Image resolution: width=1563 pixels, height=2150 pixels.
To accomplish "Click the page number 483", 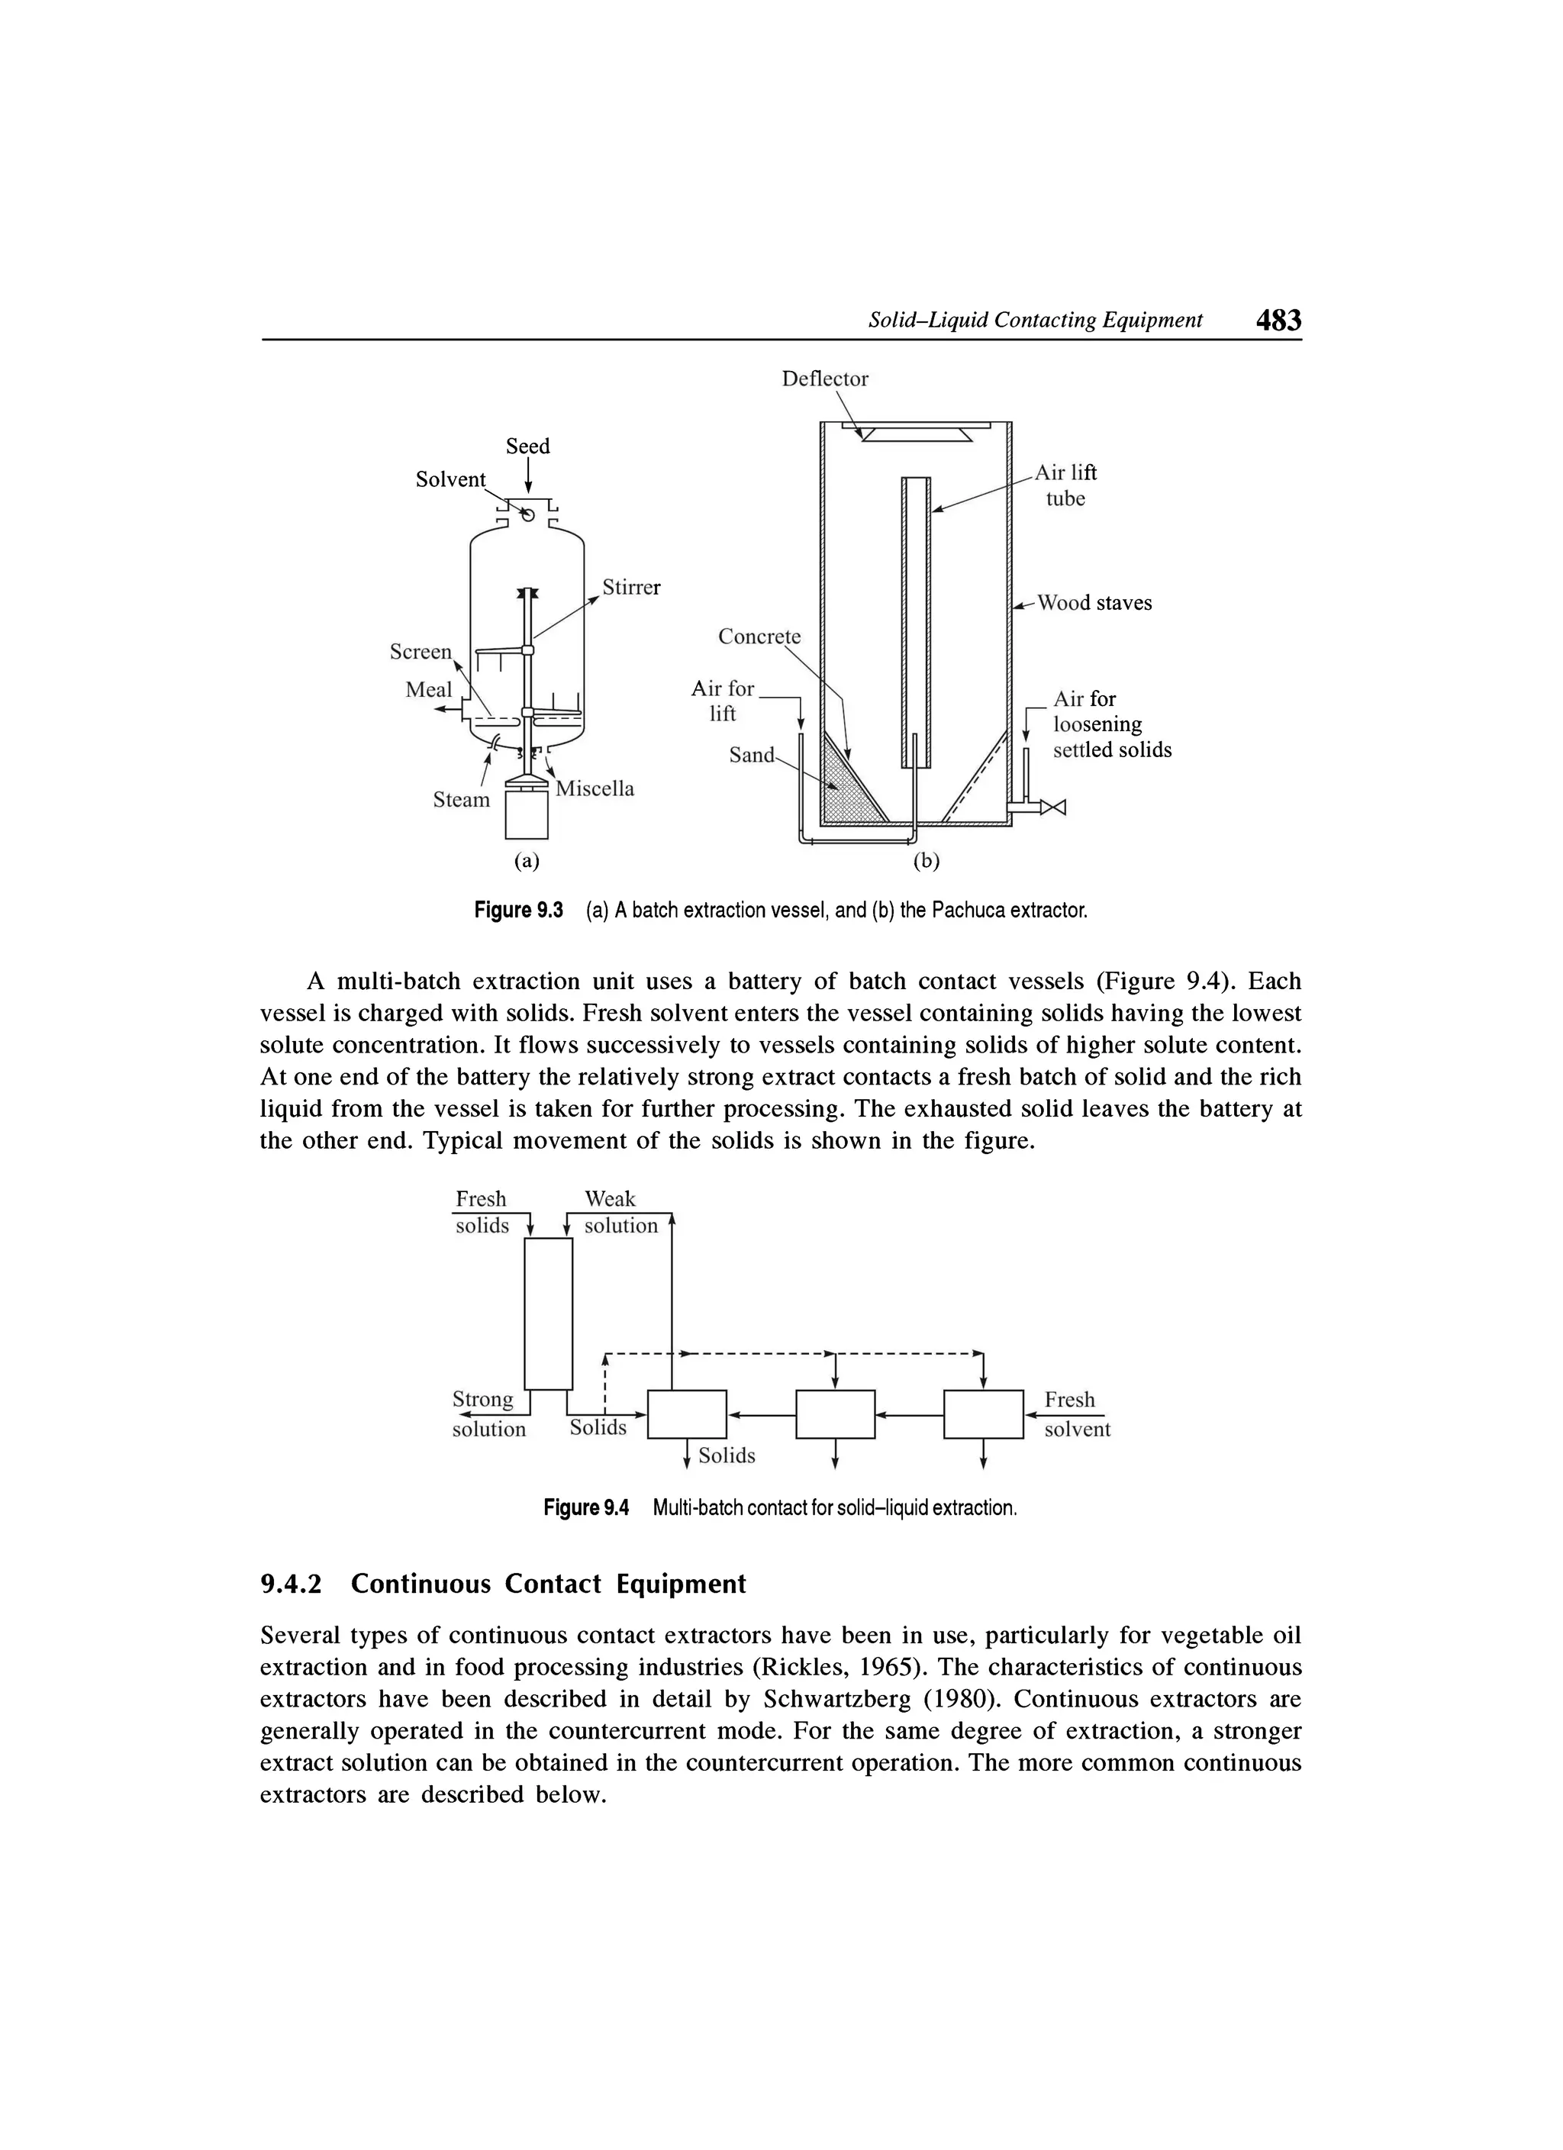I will (1278, 321).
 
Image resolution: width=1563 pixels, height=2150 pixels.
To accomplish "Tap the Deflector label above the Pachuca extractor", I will (823, 379).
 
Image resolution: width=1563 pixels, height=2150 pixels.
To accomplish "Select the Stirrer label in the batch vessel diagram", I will (631, 588).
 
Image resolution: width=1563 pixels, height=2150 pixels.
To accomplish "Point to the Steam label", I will (462, 800).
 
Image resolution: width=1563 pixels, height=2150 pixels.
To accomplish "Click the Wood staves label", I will (1094, 603).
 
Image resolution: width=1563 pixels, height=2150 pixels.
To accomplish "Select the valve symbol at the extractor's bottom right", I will (1054, 807).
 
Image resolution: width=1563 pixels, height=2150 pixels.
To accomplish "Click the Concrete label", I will (759, 637).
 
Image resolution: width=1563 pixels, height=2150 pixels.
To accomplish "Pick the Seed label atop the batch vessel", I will (527, 446).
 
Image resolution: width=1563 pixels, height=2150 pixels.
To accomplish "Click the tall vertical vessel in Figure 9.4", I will (549, 1313).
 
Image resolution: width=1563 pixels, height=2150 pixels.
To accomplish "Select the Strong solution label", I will (487, 1413).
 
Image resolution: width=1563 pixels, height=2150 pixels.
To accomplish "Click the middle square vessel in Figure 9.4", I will (835, 1413).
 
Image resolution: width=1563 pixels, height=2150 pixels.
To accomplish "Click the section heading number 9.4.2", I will (291, 1584).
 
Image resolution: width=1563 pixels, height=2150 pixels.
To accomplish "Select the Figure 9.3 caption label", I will (518, 911).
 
